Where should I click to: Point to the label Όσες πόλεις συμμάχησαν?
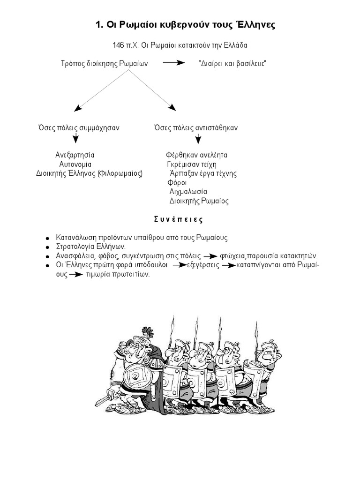tap(78, 127)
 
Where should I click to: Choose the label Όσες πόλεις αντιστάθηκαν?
tap(196, 127)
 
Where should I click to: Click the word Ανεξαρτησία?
tap(75, 155)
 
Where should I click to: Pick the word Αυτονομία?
tap(75, 164)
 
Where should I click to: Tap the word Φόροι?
tap(177, 182)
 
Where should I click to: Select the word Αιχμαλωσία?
tap(188, 192)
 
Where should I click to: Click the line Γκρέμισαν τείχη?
tap(192, 164)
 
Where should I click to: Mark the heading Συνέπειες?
tap(179, 219)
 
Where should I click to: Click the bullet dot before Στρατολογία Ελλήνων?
tap(47, 247)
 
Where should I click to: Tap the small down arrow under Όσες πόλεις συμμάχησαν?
tap(75, 138)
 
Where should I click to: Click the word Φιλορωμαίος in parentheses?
tap(120, 173)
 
